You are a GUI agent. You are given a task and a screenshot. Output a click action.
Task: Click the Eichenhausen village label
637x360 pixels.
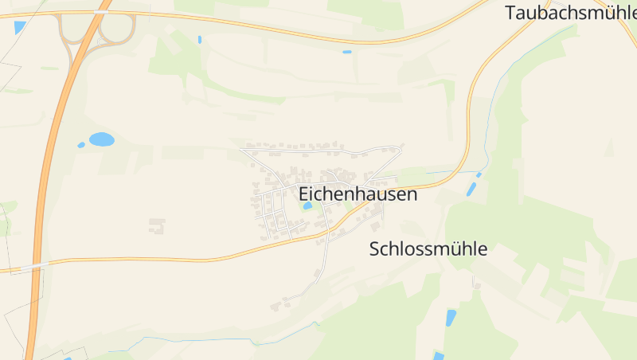pos(358,194)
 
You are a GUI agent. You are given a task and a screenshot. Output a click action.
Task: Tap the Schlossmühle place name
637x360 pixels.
pos(428,248)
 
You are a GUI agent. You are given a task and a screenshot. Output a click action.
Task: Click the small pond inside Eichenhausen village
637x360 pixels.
pos(307,206)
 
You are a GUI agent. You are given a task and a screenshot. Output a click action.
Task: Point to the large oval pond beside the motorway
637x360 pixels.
pos(101,139)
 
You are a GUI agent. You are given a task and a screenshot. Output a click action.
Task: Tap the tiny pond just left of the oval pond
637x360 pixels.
pos(80,145)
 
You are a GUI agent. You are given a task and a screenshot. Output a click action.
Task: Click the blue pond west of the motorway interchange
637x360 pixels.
pos(20,27)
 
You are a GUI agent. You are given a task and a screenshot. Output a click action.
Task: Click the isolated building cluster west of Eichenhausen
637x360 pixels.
pos(157,226)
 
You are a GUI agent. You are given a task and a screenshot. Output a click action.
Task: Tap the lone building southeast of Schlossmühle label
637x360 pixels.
pos(477,282)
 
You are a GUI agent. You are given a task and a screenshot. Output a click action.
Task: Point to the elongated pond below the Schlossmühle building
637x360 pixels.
pos(451,318)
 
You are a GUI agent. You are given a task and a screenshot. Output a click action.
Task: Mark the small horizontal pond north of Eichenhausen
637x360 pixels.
pos(347,52)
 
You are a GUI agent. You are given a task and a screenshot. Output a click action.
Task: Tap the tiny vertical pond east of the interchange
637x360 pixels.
pos(199,39)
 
